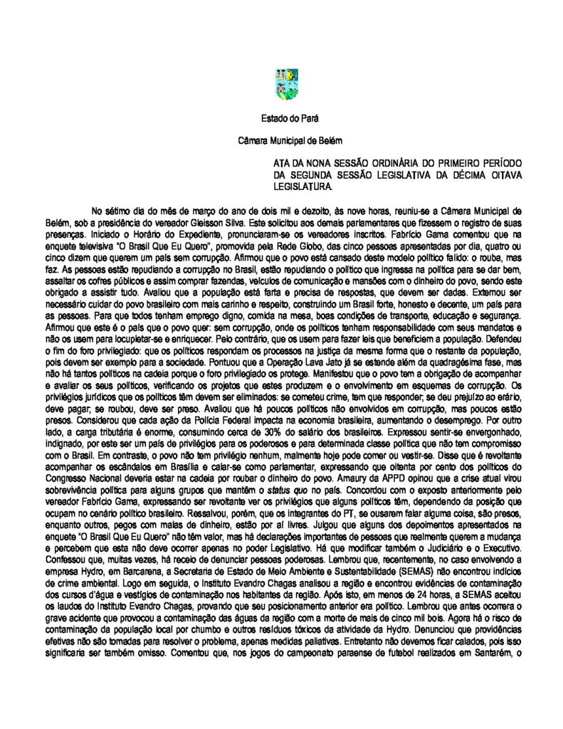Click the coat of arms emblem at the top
[x=285, y=84]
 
